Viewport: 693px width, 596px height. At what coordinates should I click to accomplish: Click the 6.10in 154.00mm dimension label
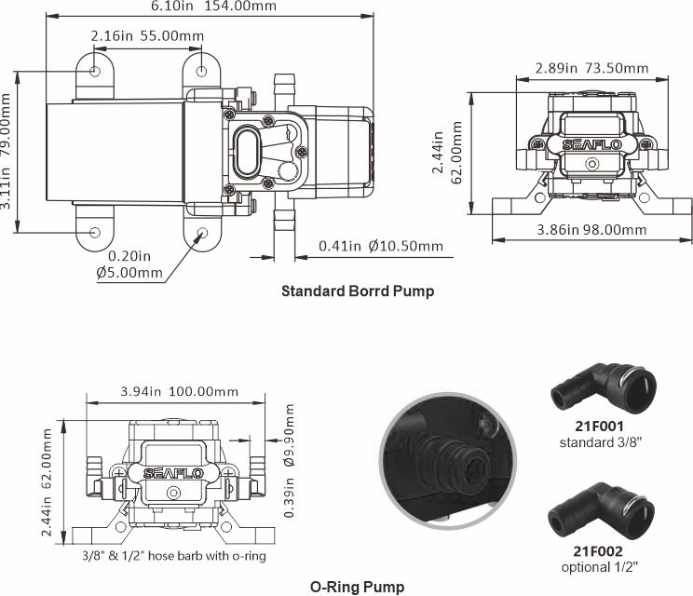click(x=213, y=6)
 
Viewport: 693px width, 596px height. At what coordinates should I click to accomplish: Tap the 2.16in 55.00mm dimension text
click(x=147, y=35)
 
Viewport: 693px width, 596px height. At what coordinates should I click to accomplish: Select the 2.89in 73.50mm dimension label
click(x=591, y=68)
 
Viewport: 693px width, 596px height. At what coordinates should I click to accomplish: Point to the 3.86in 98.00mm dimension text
click(x=591, y=229)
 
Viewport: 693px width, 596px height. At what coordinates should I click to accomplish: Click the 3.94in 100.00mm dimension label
click(x=180, y=391)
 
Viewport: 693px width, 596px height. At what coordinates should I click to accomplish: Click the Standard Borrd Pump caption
click(x=358, y=291)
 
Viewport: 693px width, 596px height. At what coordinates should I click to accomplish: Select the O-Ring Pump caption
click(x=357, y=587)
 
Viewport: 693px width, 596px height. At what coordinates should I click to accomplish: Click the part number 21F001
click(x=599, y=426)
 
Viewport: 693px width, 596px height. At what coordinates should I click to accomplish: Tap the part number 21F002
click(x=598, y=551)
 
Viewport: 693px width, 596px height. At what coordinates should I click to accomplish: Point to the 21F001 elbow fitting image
click(x=604, y=387)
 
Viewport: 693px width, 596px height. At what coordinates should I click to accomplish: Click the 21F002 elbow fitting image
click(x=601, y=510)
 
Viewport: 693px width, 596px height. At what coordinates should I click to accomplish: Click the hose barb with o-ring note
click(x=174, y=555)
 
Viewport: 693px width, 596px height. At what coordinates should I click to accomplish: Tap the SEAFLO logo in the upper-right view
click(x=591, y=144)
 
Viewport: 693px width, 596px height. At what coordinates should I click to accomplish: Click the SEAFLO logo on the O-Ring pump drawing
click(x=173, y=474)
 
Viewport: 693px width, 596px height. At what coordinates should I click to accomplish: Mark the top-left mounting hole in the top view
click(x=95, y=71)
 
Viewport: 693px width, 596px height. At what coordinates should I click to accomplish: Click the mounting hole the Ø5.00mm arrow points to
click(x=202, y=233)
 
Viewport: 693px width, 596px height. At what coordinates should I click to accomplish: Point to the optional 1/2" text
click(x=600, y=566)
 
